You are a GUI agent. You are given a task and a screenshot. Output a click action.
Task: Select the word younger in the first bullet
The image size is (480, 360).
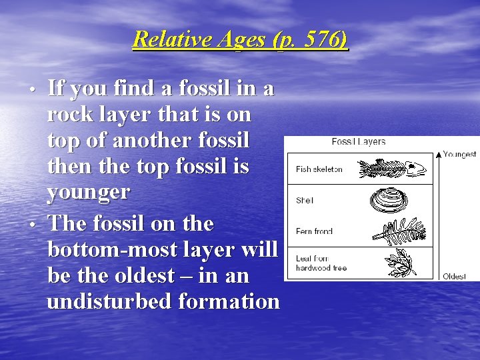point(89,193)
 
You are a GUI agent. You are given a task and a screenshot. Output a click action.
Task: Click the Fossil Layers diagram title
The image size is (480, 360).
point(358,142)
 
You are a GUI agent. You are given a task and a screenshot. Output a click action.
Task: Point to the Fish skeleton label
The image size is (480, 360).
point(319,169)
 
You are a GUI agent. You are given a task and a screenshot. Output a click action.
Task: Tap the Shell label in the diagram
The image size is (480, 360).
point(305,200)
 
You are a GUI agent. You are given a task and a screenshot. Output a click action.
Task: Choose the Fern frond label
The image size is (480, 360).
point(314,231)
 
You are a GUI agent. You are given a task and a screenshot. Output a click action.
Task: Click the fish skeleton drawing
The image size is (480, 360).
point(392,169)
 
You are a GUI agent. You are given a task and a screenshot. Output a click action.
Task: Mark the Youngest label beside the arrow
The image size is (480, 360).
point(459,154)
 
